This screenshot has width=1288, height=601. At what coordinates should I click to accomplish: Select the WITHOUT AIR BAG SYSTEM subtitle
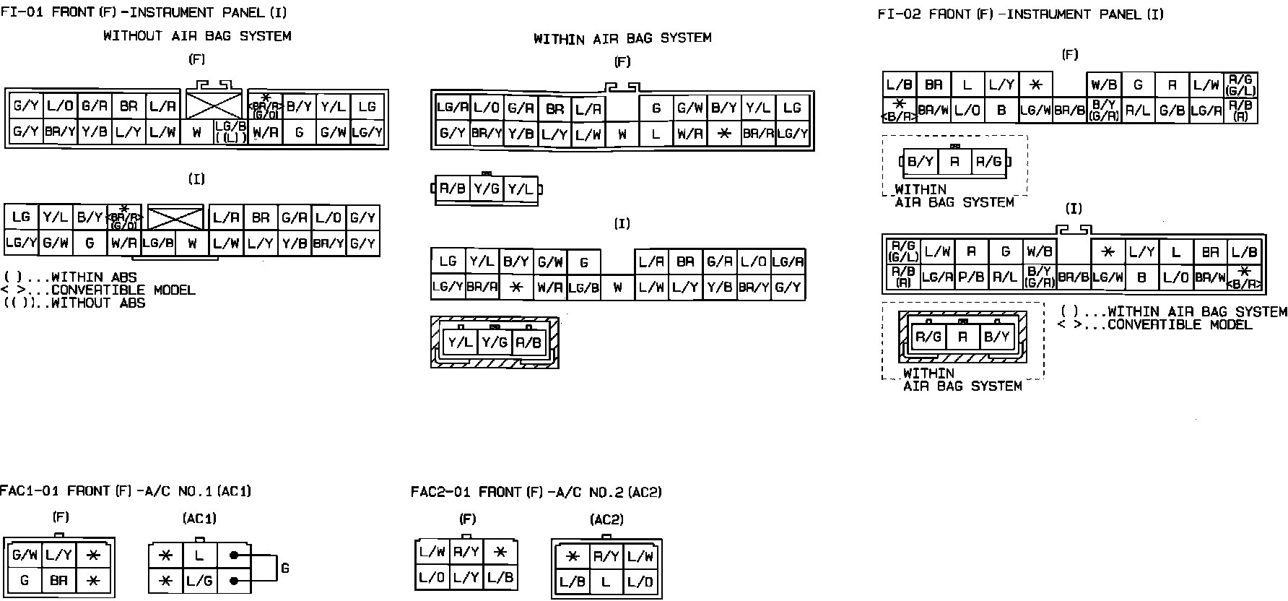point(197,35)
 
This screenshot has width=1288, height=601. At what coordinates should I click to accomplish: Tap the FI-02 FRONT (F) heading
point(1021,14)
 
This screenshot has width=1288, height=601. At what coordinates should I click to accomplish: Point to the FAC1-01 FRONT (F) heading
point(126,491)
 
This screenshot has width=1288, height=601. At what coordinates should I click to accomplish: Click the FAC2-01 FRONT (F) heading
point(536,492)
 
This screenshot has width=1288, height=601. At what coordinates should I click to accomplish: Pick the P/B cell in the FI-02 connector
point(971,277)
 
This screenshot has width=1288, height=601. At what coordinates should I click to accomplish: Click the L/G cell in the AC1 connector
point(199,580)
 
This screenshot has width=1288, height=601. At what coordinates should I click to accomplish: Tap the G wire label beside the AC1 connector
point(284,568)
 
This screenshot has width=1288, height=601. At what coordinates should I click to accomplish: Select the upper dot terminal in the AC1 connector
point(234,555)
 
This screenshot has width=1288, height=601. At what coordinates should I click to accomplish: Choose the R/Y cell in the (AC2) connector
point(606,556)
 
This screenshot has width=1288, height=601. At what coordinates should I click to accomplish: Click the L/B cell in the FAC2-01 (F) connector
point(500,577)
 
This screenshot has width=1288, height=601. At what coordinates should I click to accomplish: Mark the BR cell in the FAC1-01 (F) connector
point(59,580)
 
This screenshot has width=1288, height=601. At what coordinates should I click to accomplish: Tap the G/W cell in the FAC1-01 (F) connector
point(25,555)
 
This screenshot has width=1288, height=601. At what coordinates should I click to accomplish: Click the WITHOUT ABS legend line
point(74,303)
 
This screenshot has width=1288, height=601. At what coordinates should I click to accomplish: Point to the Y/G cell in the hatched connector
point(495,342)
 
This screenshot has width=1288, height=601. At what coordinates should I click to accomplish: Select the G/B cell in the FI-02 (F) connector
point(1171,111)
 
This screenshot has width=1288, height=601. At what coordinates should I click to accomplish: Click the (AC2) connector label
point(606,519)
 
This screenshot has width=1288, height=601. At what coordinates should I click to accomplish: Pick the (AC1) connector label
point(199,519)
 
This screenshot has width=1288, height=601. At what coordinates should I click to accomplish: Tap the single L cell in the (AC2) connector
point(606,581)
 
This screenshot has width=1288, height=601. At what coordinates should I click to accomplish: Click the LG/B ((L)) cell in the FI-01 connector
point(230,132)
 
